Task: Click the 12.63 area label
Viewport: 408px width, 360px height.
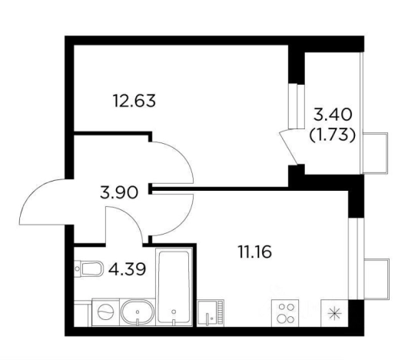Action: pyautogui.click(x=134, y=101)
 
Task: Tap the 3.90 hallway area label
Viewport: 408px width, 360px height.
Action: pyautogui.click(x=118, y=193)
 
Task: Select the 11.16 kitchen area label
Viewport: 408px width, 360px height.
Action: pyautogui.click(x=255, y=252)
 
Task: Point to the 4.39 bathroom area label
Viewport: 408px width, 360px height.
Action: pyautogui.click(x=127, y=269)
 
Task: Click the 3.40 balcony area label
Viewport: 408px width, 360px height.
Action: pyautogui.click(x=333, y=115)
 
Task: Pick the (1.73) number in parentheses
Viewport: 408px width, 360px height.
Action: pyautogui.click(x=332, y=135)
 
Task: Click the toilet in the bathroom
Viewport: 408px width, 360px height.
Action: pyautogui.click(x=88, y=268)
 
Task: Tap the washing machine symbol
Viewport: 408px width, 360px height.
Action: pyautogui.click(x=105, y=312)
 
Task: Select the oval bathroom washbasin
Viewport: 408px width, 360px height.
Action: pyautogui.click(x=138, y=312)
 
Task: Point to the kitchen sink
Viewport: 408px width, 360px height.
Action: pyautogui.click(x=211, y=313)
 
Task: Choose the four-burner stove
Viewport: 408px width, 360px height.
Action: pyautogui.click(x=285, y=313)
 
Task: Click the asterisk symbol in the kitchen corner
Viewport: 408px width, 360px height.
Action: pyautogui.click(x=334, y=313)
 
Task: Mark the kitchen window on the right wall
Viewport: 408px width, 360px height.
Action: pyautogui.click(x=353, y=258)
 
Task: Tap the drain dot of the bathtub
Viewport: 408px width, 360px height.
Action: pyautogui.click(x=174, y=312)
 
